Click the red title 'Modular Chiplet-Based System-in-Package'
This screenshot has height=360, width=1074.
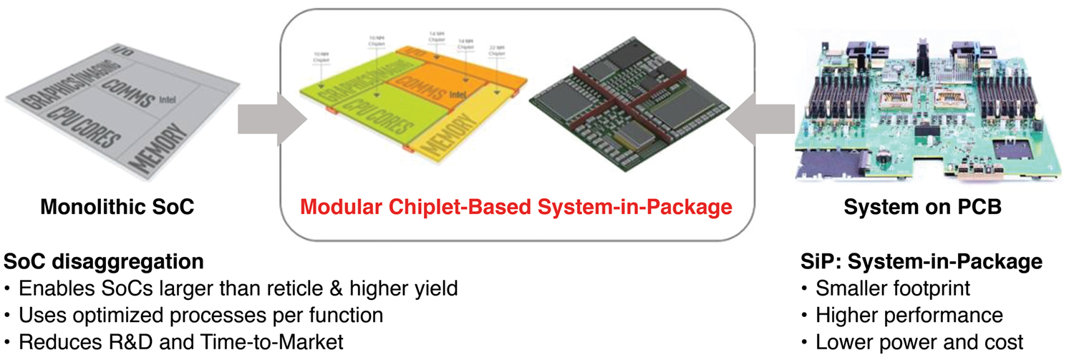point(516,208)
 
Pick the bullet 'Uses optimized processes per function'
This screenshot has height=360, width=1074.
point(200,315)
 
